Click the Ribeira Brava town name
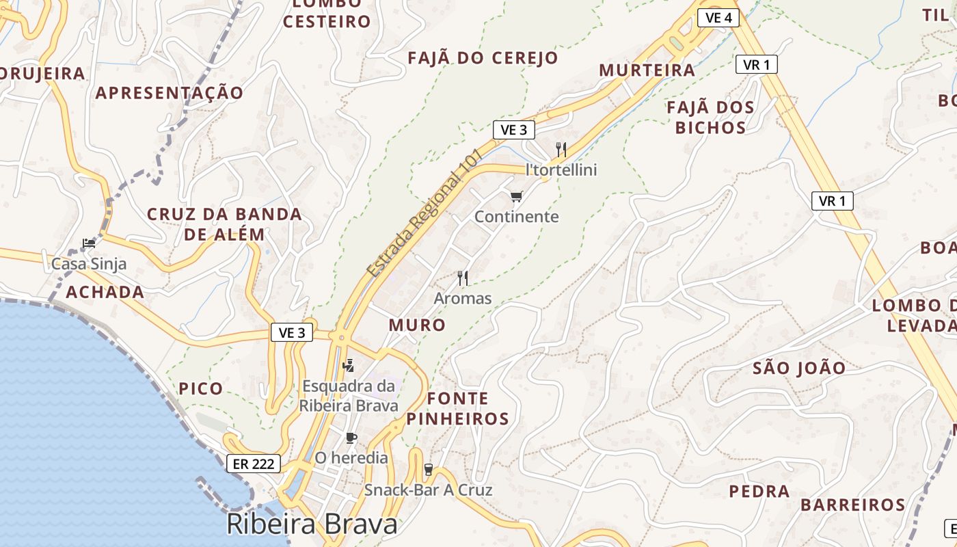pyautogui.click(x=312, y=524)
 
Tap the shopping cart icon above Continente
pyautogui.click(x=516, y=197)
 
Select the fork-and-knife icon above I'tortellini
pyautogui.click(x=561, y=149)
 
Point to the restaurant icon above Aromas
pyautogui.click(x=463, y=278)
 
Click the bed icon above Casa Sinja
pyautogui.click(x=88, y=243)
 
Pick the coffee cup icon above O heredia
pyautogui.click(x=351, y=438)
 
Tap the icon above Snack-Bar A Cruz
pyautogui.click(x=429, y=470)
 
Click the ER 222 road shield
pyautogui.click(x=254, y=464)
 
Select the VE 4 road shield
pyautogui.click(x=718, y=18)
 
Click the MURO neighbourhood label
pyautogui.click(x=417, y=325)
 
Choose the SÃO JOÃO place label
pyautogui.click(x=799, y=369)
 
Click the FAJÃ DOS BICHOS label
pyautogui.click(x=710, y=117)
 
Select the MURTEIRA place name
pyautogui.click(x=647, y=70)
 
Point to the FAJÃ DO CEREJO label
pyautogui.click(x=483, y=58)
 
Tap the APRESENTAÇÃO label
pyautogui.click(x=169, y=93)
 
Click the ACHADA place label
pyautogui.click(x=105, y=293)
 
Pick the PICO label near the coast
pyautogui.click(x=201, y=389)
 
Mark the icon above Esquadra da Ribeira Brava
pyautogui.click(x=348, y=365)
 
